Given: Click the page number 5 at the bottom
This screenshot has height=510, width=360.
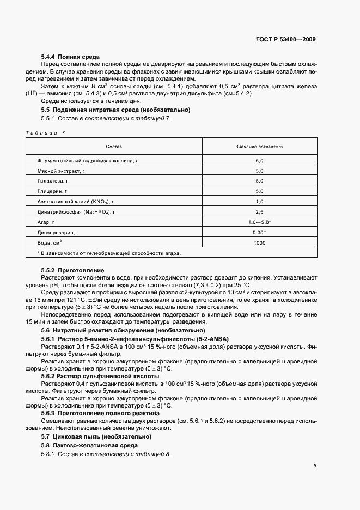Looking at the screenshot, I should [x=315, y=465].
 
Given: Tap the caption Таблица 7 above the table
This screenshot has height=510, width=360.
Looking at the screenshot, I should [x=45, y=133].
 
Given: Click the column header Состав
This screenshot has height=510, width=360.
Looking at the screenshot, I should [x=114, y=147].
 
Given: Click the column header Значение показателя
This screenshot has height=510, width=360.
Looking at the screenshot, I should [x=259, y=147].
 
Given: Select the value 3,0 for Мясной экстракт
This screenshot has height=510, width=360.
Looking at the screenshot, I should [x=259, y=171].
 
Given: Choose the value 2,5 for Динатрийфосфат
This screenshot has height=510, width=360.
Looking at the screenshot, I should [x=259, y=212].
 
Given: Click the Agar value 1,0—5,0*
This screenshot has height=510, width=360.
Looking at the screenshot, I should [x=260, y=222].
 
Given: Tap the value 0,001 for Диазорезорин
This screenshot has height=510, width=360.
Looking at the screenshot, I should [x=259, y=233].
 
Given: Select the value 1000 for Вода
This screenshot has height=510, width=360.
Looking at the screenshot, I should [x=259, y=243].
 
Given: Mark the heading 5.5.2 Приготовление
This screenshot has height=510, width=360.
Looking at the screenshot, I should [x=72, y=270].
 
